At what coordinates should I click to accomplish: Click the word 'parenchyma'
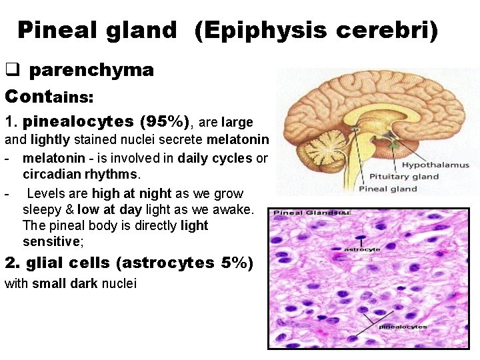[91, 70]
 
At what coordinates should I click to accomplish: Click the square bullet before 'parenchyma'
[12, 70]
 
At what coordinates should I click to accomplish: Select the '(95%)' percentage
[165, 122]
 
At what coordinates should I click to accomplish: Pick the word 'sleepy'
[41, 209]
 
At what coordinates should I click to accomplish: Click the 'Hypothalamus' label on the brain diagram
[435, 165]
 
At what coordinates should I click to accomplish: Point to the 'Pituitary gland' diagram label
[406, 177]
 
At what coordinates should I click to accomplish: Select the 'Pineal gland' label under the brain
[388, 189]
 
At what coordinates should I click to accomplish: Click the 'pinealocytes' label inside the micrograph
[403, 327]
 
